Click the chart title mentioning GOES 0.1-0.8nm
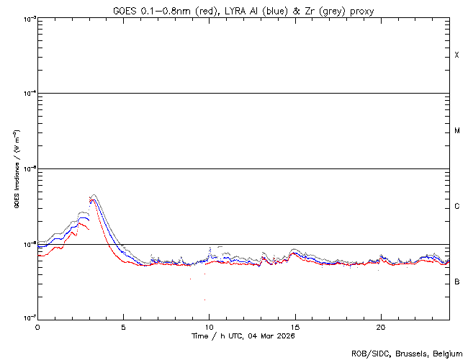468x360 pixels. pos(243,10)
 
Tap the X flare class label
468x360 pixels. pos(456,55)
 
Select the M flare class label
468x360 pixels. pos(456,131)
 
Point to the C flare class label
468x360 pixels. pos(456,207)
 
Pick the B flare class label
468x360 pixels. pos(456,282)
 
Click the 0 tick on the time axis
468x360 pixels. pos(37,326)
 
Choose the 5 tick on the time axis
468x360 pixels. pos(123,326)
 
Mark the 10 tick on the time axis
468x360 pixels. pos(209,326)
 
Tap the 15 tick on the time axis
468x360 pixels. pos(294,326)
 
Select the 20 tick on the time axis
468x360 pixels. pos(380,326)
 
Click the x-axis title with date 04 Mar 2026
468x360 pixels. pos(243,336)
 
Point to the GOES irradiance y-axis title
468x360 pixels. pos(16,168)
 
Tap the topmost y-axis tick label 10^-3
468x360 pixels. pos(27,18)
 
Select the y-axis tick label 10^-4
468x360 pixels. pos(27,93)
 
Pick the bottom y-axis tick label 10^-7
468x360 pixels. pos(27,318)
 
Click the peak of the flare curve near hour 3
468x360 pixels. pos(93,196)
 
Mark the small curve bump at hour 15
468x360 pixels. pos(294,252)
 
